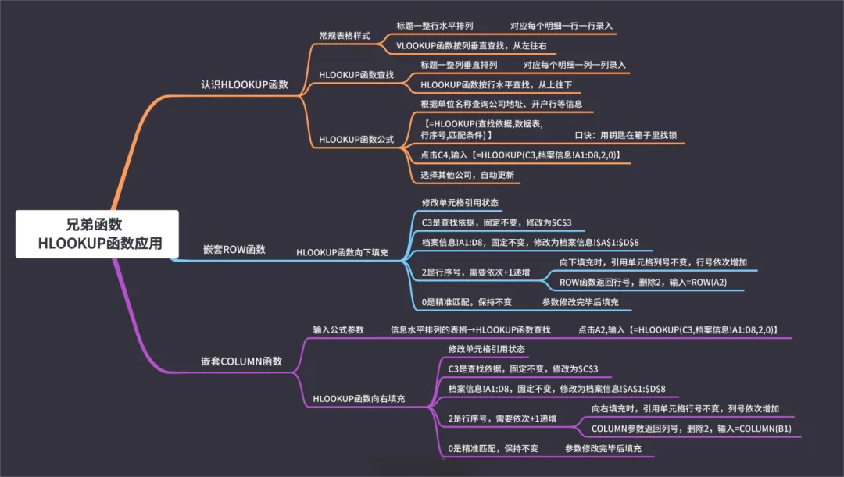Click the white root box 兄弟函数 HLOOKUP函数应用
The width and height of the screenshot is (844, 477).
point(97,233)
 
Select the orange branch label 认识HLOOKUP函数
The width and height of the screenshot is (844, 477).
point(245,84)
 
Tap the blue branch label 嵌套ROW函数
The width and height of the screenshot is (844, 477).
point(234,250)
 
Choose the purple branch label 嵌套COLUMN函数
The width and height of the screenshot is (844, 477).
point(241,361)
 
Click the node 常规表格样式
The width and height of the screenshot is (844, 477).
point(345,36)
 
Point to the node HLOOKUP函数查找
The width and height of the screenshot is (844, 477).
point(356,75)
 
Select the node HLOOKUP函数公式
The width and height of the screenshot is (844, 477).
point(356,141)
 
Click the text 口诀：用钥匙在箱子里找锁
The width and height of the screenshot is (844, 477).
point(625,135)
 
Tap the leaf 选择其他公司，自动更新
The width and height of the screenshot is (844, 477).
point(467,175)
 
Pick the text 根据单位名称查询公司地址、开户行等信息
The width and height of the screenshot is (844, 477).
point(501,104)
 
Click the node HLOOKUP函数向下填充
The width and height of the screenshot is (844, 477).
point(342,253)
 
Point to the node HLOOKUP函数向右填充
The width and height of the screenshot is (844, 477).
point(359,399)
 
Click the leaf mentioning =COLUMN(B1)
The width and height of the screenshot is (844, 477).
point(692,429)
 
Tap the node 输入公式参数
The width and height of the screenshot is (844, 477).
point(338,329)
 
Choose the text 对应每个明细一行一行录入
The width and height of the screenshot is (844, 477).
point(562,26)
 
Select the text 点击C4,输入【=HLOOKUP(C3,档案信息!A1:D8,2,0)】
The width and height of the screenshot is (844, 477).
point(520,155)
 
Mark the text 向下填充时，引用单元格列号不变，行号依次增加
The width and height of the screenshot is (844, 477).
point(653,262)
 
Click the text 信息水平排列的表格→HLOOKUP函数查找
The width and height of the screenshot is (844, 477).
point(470,329)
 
